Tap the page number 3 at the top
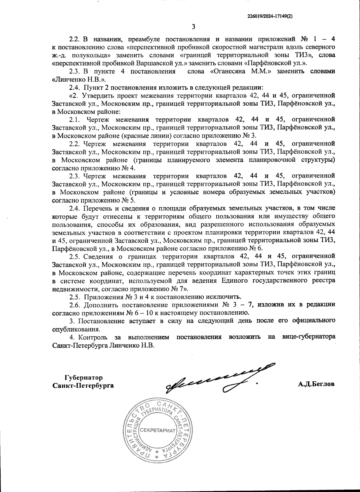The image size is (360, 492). click(193, 27)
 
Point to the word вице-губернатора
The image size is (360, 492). click(308, 337)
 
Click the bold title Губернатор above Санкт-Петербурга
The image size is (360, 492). click(83, 377)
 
